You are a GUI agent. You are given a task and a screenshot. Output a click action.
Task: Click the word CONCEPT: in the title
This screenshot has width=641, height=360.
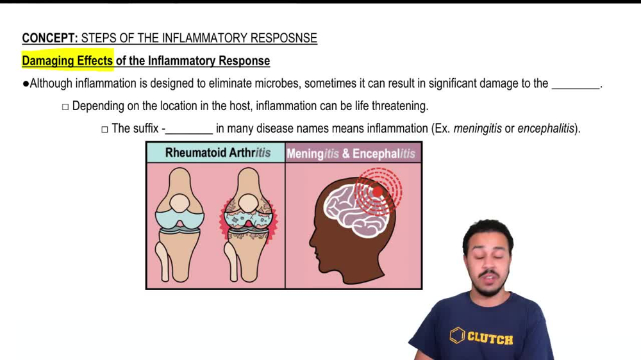coord(50,38)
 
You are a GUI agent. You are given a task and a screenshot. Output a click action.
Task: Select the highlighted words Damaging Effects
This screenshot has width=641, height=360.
coord(67,61)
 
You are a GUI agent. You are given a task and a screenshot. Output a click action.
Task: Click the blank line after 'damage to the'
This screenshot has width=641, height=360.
coord(575,85)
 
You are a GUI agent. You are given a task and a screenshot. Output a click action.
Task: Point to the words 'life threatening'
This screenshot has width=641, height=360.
coord(392,106)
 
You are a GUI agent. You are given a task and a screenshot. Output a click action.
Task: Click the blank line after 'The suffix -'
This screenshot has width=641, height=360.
coord(189,129)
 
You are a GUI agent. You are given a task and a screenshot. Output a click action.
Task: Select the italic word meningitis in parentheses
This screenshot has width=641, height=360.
coord(477,128)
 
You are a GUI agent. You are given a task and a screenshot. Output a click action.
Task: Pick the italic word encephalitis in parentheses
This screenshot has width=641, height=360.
coord(545,128)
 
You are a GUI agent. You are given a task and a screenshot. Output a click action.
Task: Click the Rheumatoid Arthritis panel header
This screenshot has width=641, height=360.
coord(217,153)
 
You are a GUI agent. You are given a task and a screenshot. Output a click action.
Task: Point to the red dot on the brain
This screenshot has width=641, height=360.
coord(378,191)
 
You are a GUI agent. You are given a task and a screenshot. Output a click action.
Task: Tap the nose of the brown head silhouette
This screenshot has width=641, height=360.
coord(312,241)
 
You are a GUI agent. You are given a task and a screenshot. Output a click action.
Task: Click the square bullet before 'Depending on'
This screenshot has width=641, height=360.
coord(65,106)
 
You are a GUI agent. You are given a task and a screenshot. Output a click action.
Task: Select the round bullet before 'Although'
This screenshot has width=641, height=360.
coord(26,83)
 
